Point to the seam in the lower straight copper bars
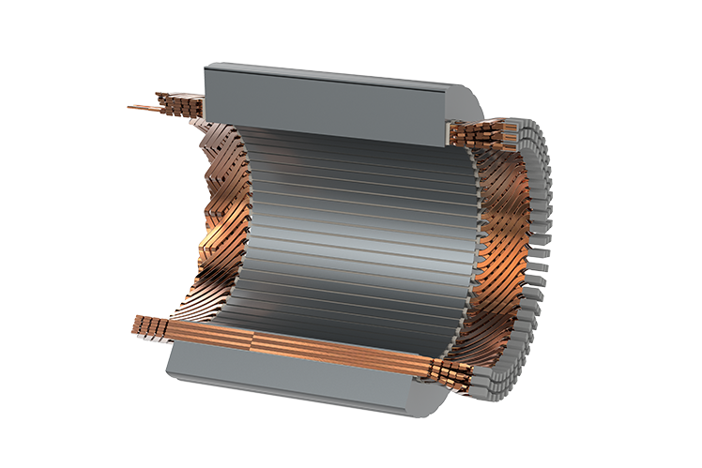click(252, 333)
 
